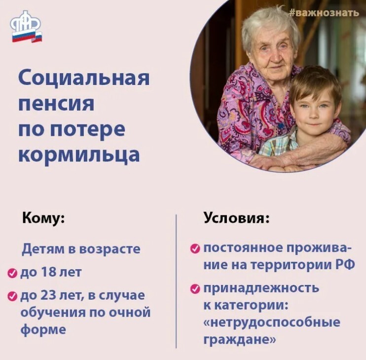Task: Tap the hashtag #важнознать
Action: point(324,12)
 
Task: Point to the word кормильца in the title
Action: point(79,155)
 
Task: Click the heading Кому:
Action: point(43,219)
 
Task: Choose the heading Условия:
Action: point(237,219)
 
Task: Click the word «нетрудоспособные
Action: point(272,322)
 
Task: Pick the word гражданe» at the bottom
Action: point(240,340)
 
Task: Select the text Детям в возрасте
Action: point(81,249)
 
